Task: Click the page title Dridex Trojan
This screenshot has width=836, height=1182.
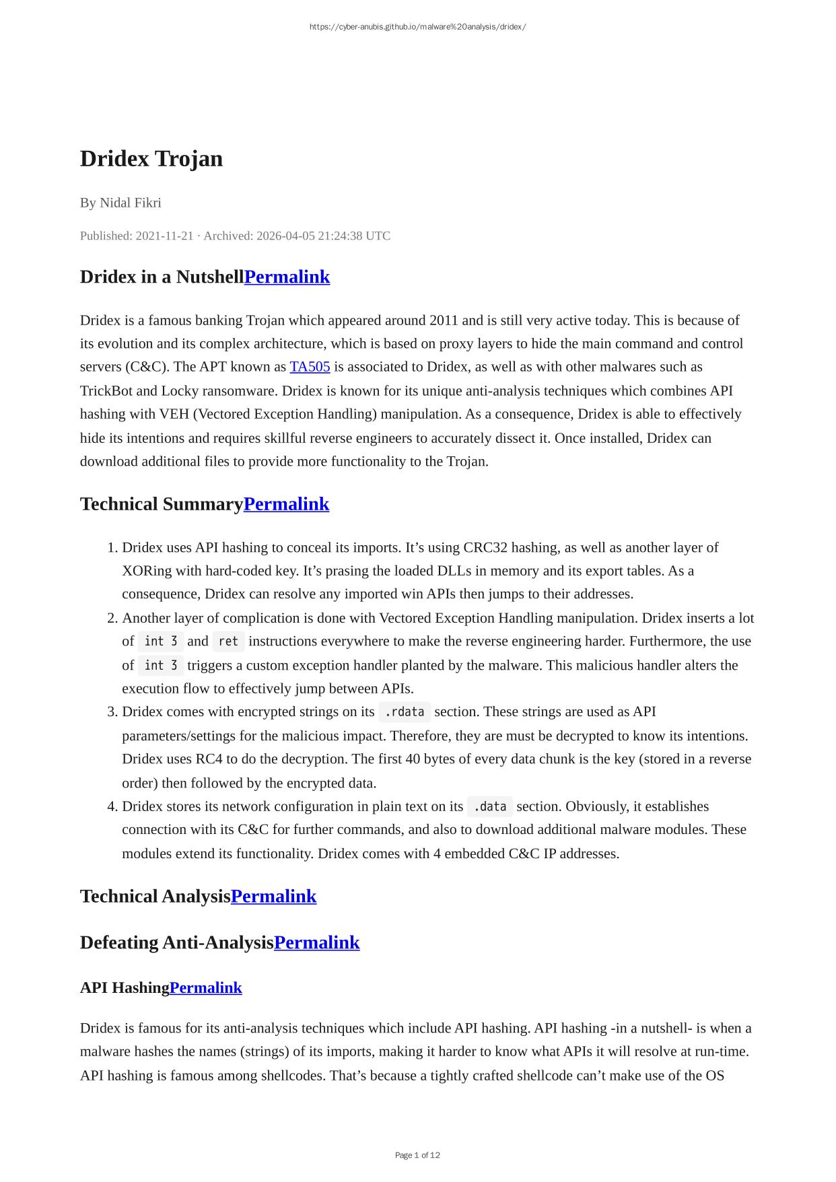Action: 151,159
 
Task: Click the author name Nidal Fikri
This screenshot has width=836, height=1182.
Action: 130,203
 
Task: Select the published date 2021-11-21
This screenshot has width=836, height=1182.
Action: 164,236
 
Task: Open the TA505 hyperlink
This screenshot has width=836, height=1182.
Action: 310,367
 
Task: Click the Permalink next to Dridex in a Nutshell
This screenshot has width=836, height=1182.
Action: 287,277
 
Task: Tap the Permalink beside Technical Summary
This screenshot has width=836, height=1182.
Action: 286,504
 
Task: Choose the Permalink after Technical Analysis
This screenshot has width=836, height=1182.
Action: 273,897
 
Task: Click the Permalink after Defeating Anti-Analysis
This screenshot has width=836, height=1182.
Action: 316,942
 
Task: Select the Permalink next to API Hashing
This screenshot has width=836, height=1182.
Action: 205,987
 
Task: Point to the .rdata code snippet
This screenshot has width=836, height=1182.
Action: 404,712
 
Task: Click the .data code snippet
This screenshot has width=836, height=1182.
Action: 489,806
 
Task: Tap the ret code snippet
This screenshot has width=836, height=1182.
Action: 228,641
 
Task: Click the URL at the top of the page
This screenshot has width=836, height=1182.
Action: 417,27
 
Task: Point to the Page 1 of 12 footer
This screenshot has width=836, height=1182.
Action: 417,1155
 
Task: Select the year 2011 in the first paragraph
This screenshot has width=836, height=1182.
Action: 443,320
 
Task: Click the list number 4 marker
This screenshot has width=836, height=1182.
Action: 112,806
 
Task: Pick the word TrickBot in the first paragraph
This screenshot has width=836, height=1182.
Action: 109,391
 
